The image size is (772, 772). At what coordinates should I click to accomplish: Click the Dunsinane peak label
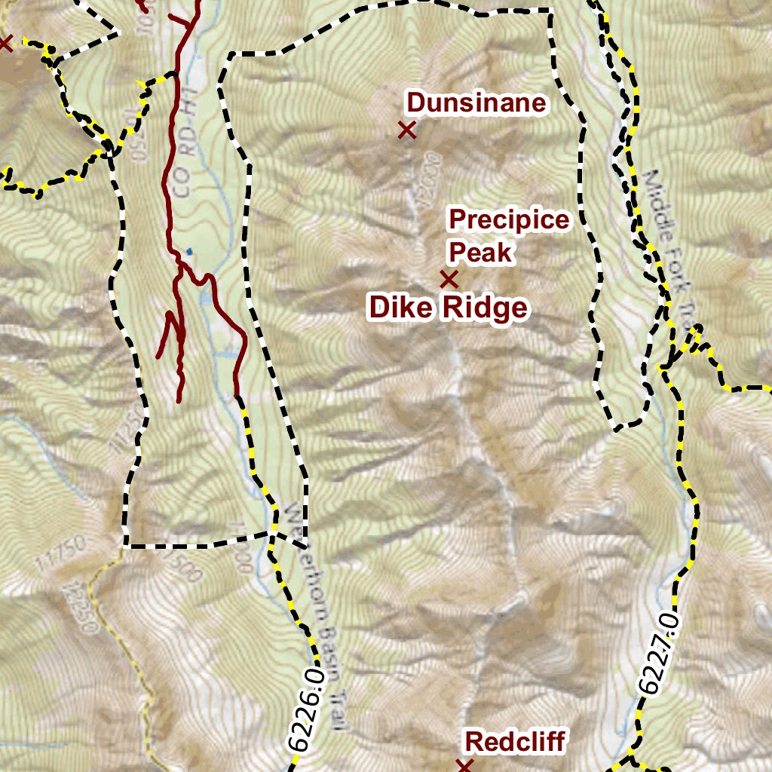(x=476, y=103)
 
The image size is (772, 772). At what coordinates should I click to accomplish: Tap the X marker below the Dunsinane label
(x=407, y=130)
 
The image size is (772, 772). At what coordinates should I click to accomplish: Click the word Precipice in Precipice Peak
(x=509, y=220)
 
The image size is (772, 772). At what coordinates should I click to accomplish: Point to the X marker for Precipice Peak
(x=449, y=280)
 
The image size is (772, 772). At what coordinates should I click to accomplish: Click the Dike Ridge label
(x=448, y=308)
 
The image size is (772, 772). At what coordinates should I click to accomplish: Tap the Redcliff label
(x=515, y=741)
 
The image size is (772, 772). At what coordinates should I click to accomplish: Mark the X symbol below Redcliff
(x=464, y=766)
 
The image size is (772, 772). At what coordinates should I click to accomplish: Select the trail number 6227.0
(x=659, y=654)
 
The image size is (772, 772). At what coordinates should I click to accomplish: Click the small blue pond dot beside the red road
(x=189, y=251)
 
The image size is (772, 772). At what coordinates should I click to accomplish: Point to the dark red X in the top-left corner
(x=5, y=43)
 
